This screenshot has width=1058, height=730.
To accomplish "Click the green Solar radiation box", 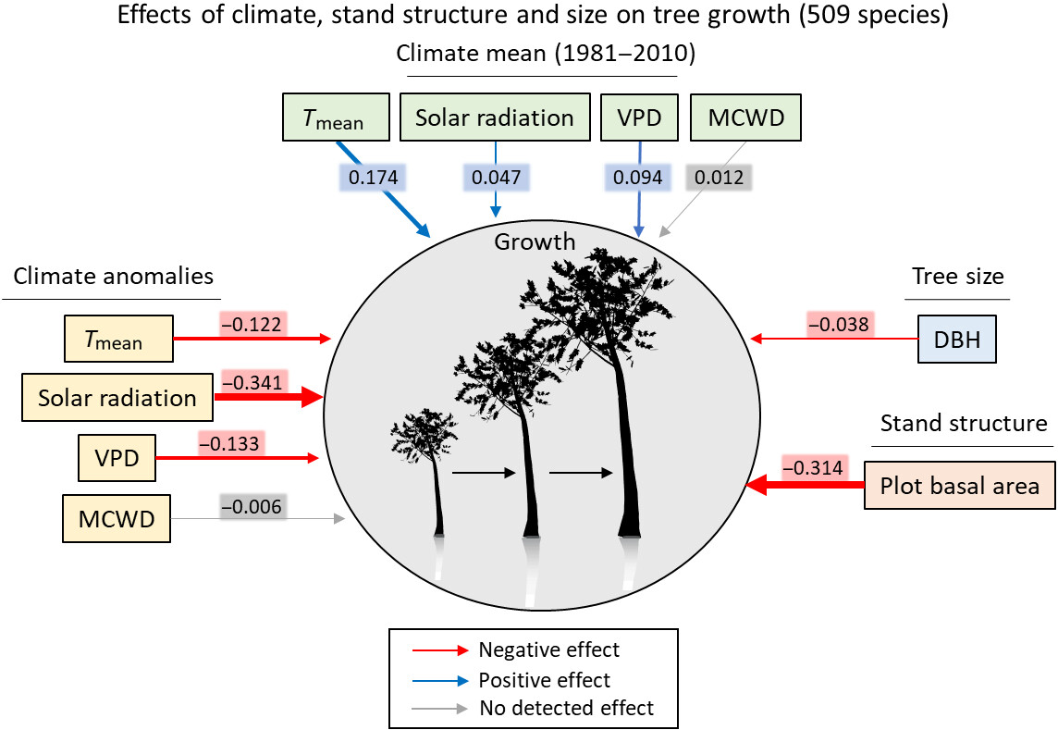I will click(x=495, y=118).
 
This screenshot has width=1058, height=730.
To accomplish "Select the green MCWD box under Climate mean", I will click(x=745, y=118).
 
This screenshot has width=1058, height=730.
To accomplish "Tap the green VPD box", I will click(x=638, y=118).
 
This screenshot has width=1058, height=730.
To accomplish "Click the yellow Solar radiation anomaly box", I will click(x=117, y=398).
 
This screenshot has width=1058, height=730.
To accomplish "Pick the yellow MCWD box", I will click(x=117, y=518).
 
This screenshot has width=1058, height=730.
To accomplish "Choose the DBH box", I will click(x=957, y=339).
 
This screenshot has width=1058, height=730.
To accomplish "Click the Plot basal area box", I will click(x=959, y=485).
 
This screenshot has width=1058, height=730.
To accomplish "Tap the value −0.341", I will click(x=254, y=382).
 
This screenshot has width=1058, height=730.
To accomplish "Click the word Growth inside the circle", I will click(x=535, y=242).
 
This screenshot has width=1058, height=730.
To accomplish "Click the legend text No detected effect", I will click(x=566, y=708).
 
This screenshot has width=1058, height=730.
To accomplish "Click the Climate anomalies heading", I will click(x=113, y=276).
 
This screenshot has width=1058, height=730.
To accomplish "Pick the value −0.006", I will click(x=251, y=506).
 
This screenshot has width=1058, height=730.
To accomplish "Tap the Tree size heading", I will click(x=957, y=276).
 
